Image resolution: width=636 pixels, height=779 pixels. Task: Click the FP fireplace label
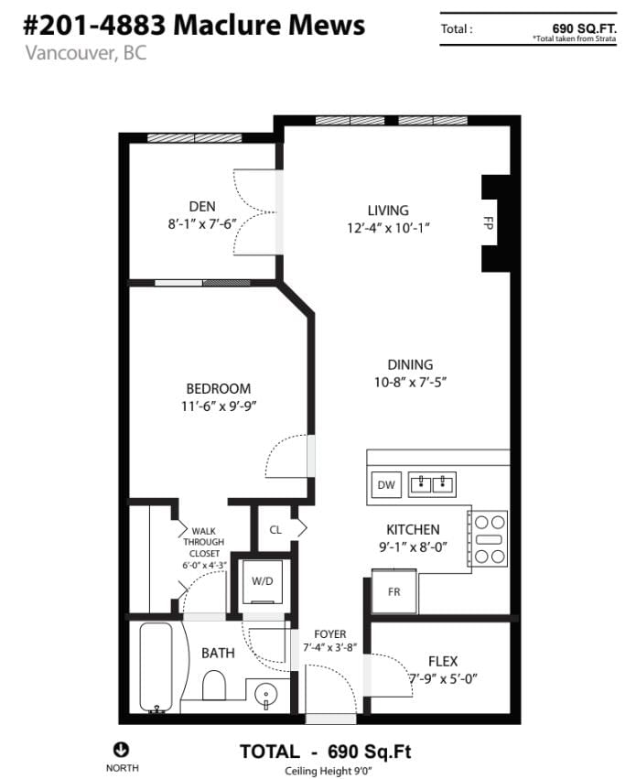(488, 222)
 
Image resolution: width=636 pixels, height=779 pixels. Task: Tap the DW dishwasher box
(386, 485)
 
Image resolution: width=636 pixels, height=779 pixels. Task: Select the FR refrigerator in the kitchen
(394, 591)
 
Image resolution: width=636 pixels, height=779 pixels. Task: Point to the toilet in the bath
(214, 686)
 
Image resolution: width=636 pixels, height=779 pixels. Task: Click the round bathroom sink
(266, 695)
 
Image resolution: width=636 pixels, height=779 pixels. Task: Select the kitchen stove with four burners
(489, 539)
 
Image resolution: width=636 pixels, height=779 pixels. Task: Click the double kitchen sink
(432, 484)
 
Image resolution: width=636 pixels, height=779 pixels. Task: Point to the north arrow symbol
(122, 749)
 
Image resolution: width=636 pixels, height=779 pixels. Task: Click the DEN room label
(202, 206)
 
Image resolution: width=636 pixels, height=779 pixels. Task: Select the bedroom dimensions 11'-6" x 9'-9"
(219, 406)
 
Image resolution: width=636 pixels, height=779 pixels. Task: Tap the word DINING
(410, 364)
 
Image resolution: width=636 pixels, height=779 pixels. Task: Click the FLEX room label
(443, 661)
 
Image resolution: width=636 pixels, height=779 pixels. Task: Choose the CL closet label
(275, 530)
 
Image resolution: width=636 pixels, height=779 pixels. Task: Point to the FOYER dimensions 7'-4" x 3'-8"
(330, 648)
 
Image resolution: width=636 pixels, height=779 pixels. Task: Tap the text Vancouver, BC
(86, 53)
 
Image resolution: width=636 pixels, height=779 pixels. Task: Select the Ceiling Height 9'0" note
(329, 771)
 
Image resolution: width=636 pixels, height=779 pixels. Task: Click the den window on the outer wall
(195, 137)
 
